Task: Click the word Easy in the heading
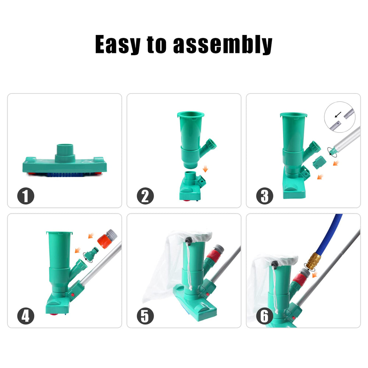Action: coord(118,45)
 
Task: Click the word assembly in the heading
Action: coord(223,45)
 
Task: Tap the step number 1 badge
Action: coord(26,196)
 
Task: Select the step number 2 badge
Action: coord(145,196)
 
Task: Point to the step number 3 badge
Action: coord(265,196)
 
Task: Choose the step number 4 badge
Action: coord(26,316)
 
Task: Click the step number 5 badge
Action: coord(145,316)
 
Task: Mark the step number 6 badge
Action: coord(265,316)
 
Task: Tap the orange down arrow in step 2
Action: coord(205,169)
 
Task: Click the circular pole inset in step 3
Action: coord(340,117)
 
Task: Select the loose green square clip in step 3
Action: coord(319,162)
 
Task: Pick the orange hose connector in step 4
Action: coord(107,239)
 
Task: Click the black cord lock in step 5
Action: coord(188,240)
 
